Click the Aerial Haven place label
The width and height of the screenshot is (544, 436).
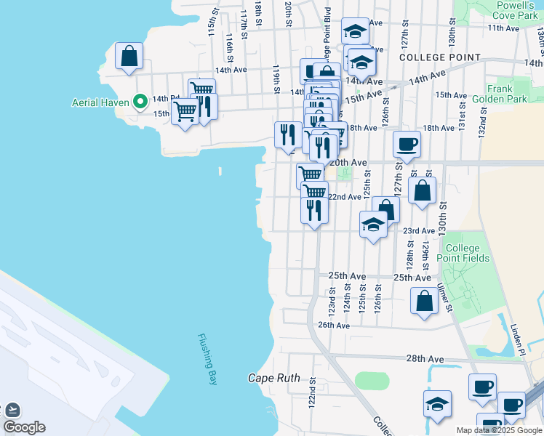[x=100, y=102]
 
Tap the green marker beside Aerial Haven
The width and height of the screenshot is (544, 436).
[x=136, y=102]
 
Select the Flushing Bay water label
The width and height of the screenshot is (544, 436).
[x=208, y=359]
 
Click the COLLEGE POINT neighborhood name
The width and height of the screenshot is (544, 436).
[x=440, y=57]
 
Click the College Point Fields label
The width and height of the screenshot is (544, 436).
[x=467, y=254]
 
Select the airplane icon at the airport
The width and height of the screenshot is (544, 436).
[x=12, y=410]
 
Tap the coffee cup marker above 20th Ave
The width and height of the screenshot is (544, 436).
[x=407, y=143]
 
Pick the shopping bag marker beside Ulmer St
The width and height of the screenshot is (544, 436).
[x=424, y=300]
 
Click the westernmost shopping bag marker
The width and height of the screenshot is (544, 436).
[x=129, y=55]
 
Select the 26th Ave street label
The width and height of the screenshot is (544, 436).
[x=335, y=326]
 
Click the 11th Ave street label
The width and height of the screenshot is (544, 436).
[x=503, y=28]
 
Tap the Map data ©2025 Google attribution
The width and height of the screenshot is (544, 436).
[x=499, y=430]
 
